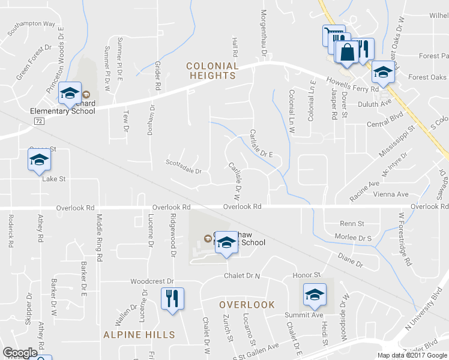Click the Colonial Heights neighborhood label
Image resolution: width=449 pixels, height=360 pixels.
click(x=212, y=71)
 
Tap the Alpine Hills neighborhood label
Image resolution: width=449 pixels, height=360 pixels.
click(x=139, y=335)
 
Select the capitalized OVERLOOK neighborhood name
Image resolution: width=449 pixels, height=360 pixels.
click(x=247, y=305)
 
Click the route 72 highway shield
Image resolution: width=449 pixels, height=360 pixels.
click(x=38, y=121)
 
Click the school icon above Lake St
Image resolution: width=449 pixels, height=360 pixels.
click(x=39, y=160)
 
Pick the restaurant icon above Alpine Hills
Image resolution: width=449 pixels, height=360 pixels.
click(x=173, y=298)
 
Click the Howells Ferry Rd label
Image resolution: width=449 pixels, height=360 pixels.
click(x=352, y=84)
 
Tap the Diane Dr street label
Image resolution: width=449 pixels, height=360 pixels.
click(x=351, y=259)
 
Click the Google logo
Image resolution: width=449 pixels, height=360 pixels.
click(x=20, y=353)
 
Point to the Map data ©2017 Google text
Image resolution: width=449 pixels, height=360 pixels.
click(x=412, y=355)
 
